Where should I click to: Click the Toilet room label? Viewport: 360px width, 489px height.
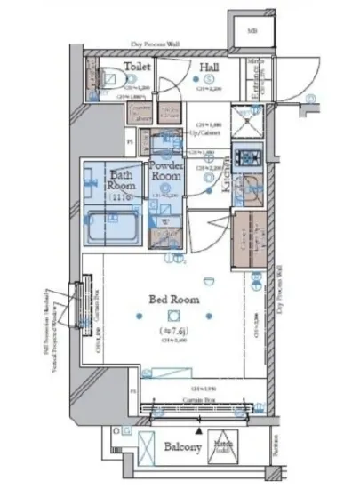(135, 67)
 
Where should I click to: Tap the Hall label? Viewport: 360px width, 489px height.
(210, 67)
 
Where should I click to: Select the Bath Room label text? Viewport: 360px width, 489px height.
(123, 180)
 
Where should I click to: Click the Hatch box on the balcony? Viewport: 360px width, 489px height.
(221, 450)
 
